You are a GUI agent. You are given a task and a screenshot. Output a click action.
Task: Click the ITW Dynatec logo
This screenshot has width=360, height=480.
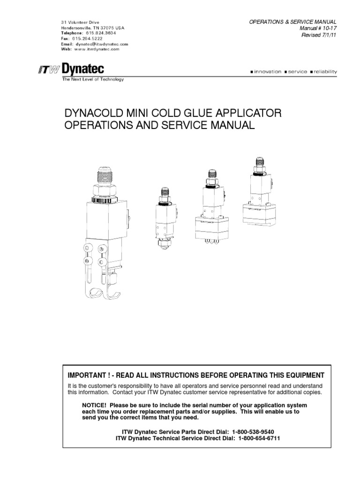(71, 70)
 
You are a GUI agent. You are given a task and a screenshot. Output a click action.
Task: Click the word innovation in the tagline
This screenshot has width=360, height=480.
(267, 72)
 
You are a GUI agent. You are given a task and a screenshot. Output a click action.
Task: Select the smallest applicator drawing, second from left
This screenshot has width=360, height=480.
(165, 217)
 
